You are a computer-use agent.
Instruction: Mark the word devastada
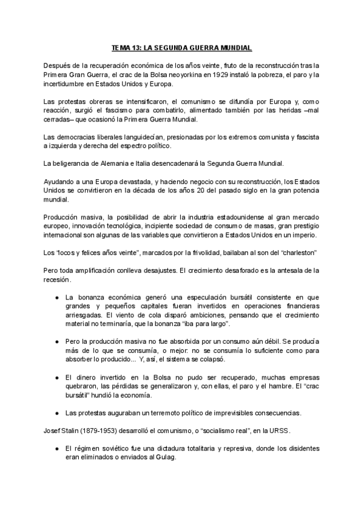point(127,182)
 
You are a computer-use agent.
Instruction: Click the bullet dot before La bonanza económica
point(56,298)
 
